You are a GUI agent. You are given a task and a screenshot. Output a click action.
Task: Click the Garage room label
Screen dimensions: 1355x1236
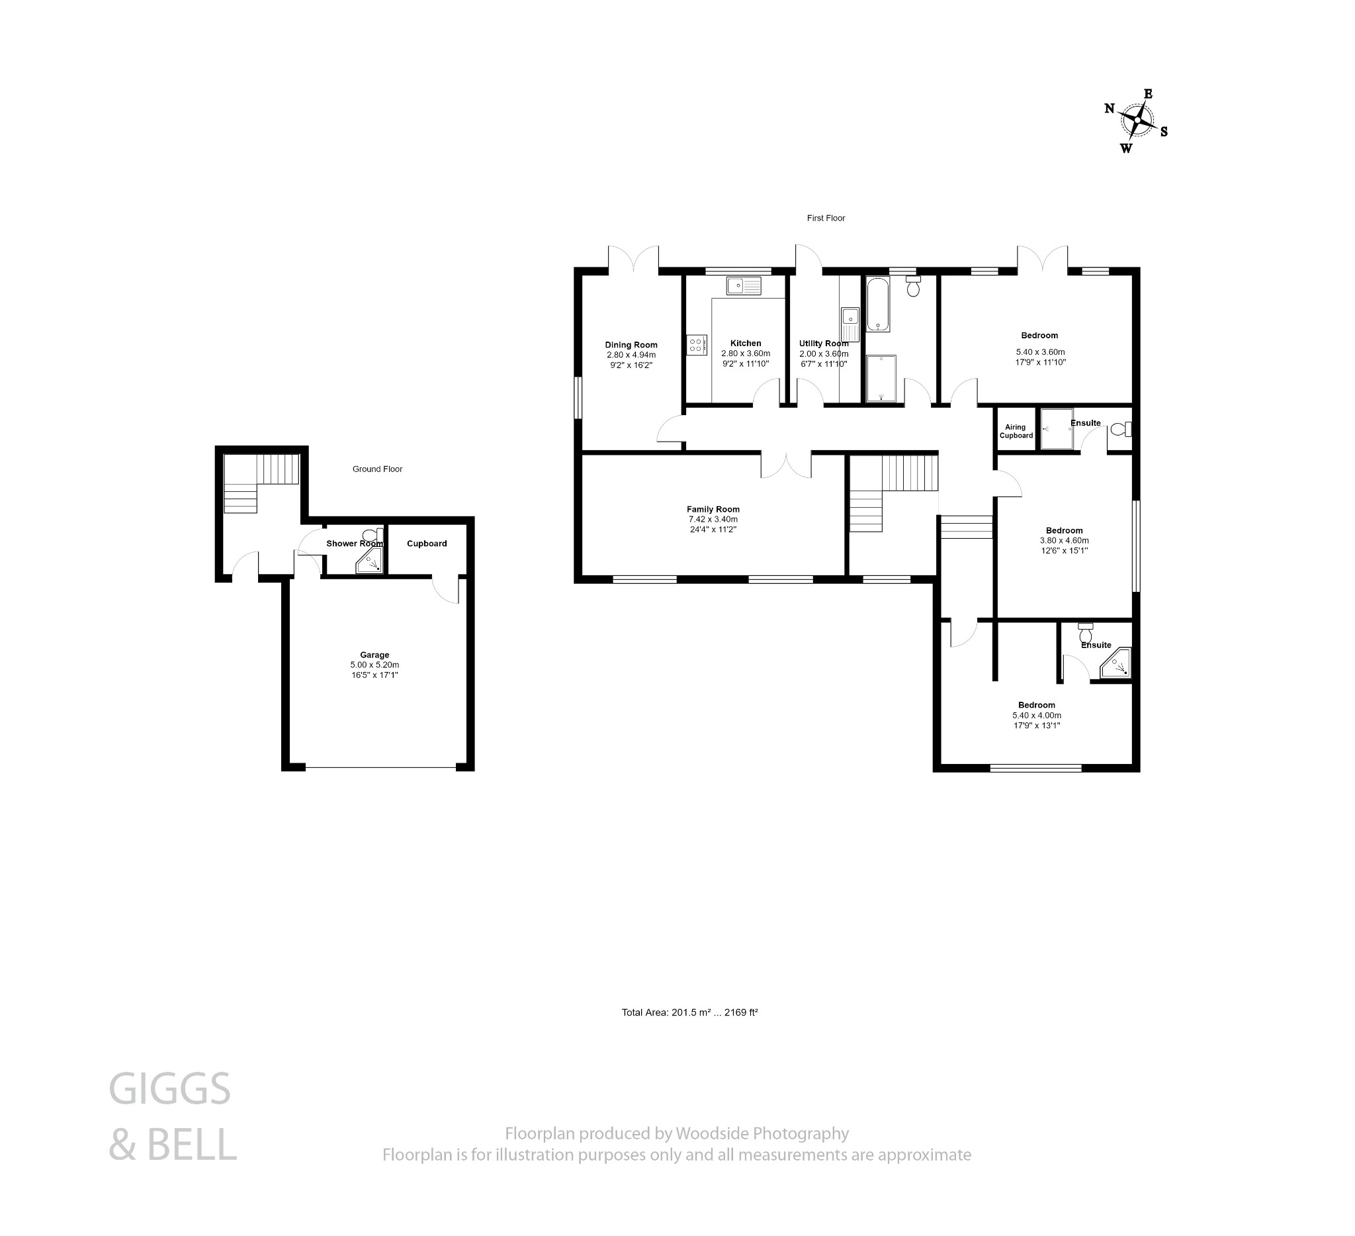[374, 654]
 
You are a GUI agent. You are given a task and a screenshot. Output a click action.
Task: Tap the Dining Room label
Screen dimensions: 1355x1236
[631, 345]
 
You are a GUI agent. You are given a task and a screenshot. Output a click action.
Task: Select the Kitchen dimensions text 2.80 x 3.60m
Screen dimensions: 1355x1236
[746, 354]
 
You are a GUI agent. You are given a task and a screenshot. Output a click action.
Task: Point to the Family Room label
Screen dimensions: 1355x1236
[713, 509]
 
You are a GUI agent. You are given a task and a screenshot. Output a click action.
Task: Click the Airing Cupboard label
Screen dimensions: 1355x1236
[1016, 431]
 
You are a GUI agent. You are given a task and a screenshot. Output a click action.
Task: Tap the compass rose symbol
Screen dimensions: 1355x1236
[1137, 121]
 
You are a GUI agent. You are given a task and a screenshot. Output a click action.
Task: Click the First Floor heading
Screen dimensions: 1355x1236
[826, 218]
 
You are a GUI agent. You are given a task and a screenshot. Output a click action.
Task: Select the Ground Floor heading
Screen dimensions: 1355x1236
[377, 469]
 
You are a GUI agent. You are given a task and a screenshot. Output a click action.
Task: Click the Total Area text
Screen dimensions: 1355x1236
[689, 1012]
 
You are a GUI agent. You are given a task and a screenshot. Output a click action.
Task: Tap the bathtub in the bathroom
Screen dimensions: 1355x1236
[878, 304]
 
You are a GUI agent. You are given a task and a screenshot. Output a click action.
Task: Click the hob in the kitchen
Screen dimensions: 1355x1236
[697, 345]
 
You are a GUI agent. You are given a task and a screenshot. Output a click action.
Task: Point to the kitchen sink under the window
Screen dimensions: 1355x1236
[744, 286]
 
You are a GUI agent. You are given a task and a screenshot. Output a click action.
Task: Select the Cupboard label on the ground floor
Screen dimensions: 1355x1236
[427, 544]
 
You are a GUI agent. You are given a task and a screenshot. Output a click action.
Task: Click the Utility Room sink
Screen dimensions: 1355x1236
[850, 324]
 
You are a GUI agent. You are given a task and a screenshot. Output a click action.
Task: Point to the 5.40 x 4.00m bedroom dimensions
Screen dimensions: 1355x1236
[1036, 716]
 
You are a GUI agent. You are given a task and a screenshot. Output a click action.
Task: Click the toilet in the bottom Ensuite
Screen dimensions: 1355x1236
[1086, 633]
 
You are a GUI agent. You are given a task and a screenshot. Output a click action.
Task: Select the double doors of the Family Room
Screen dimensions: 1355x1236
[786, 465]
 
